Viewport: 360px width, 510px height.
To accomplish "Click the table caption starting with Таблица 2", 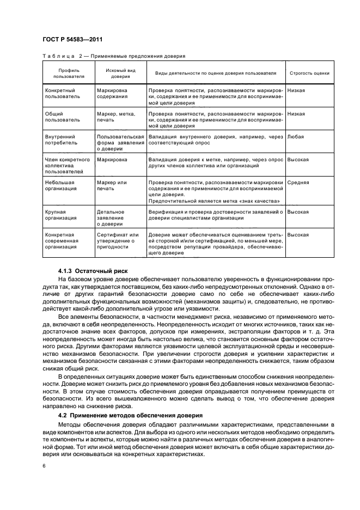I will (114, 56).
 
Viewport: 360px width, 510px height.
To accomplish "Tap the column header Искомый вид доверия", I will (120, 74).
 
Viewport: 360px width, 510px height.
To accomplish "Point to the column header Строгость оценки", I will (309, 73).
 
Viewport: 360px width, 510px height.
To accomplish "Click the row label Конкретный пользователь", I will (62, 93).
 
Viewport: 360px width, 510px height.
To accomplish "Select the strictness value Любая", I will (296, 137).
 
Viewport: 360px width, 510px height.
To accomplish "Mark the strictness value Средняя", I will (298, 183).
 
